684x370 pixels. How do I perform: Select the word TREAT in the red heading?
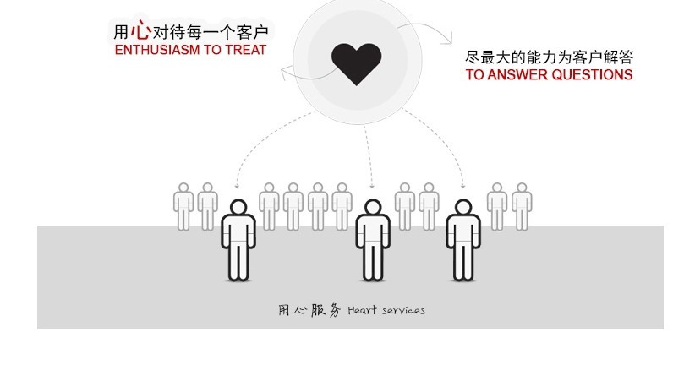(247, 50)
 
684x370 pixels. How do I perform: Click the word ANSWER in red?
(516, 74)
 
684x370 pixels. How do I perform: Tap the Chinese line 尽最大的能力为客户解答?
(549, 57)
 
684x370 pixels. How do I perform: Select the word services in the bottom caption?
(402, 310)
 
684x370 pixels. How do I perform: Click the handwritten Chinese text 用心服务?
(309, 310)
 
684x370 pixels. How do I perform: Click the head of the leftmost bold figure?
(238, 208)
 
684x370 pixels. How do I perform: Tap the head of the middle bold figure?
(372, 208)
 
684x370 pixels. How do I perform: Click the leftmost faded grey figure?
(183, 205)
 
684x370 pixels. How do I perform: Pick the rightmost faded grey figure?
(522, 205)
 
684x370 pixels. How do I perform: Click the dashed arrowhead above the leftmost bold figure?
(238, 186)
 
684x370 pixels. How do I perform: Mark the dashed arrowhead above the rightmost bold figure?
(462, 186)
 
